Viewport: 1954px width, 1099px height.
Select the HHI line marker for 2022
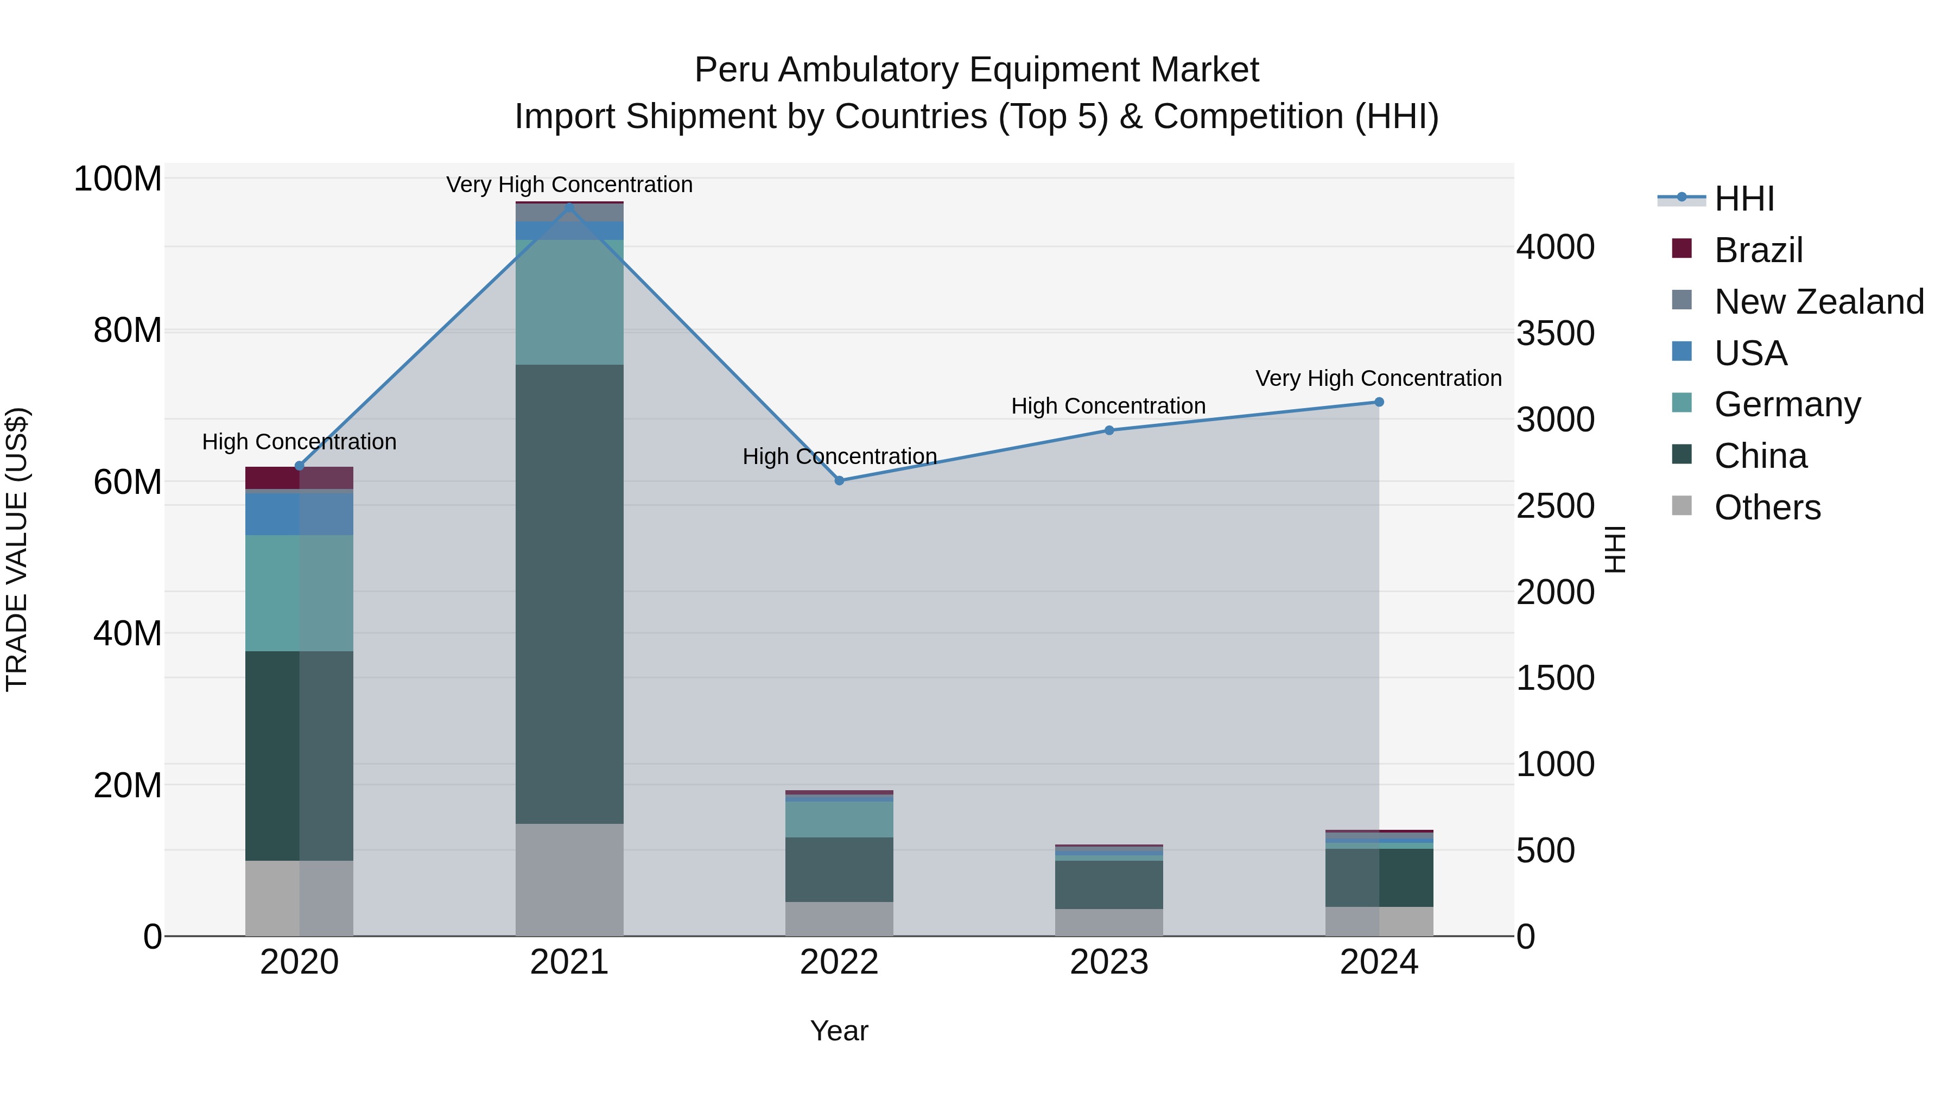[839, 480]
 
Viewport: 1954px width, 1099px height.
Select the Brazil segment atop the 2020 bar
[299, 478]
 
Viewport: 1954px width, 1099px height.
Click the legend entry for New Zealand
[1818, 302]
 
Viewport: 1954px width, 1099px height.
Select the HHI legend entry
[1743, 199]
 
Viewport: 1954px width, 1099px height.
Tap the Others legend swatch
[1682, 506]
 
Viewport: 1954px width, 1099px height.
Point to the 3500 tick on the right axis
[1555, 334]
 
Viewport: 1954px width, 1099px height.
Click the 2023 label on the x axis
[1108, 962]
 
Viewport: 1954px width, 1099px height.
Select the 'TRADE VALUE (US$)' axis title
[17, 549]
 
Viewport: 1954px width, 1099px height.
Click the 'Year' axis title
[839, 1031]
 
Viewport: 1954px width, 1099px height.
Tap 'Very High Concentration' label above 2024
[1378, 378]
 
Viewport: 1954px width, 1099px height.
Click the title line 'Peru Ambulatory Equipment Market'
[976, 70]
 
